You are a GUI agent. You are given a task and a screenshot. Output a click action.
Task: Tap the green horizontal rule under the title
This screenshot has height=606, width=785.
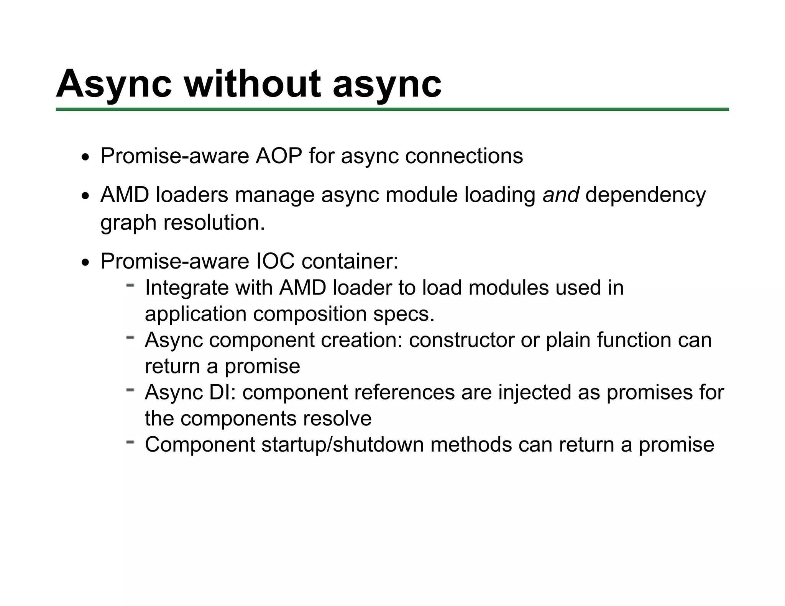392,110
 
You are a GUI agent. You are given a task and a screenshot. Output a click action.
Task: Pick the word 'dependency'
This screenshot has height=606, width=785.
645,195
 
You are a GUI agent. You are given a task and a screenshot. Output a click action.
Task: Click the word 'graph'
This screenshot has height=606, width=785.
128,223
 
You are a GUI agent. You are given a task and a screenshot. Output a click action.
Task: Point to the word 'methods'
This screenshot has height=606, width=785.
471,445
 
